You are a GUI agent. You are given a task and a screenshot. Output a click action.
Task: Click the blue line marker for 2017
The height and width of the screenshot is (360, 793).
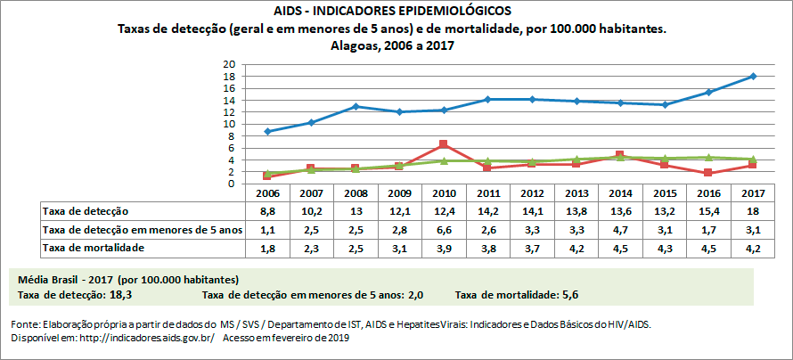pos(754,77)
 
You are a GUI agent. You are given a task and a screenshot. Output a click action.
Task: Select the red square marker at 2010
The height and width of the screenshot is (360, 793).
pos(444,144)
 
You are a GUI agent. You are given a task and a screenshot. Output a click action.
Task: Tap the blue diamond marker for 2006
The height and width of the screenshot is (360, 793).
pos(268,131)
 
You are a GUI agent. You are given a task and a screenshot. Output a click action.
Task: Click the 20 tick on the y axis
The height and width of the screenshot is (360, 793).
pos(228,65)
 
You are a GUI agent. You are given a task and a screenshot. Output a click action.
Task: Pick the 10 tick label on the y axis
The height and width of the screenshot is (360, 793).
pos(228,124)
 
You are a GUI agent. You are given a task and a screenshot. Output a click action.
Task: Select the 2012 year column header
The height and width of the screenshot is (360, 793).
pos(533,193)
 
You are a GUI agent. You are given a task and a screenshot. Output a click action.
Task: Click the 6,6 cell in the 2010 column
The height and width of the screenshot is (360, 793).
pos(444,229)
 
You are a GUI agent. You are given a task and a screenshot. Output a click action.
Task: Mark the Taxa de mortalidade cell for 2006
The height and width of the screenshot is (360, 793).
pos(268,247)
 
